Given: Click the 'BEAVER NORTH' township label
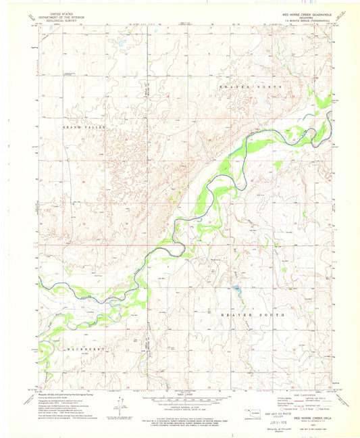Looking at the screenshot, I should point(244,88).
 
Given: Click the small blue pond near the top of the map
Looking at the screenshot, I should point(119,47).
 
